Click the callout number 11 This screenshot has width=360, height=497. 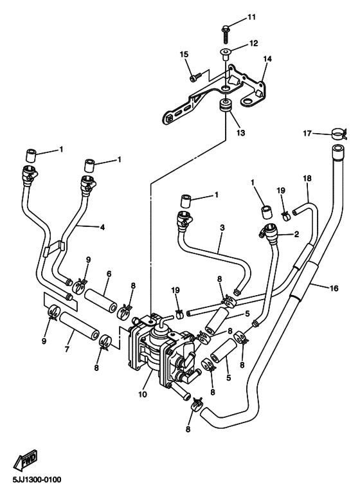click(x=251, y=16)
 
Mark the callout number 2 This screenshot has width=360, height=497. click(x=296, y=235)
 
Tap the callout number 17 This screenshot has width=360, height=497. click(x=308, y=133)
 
